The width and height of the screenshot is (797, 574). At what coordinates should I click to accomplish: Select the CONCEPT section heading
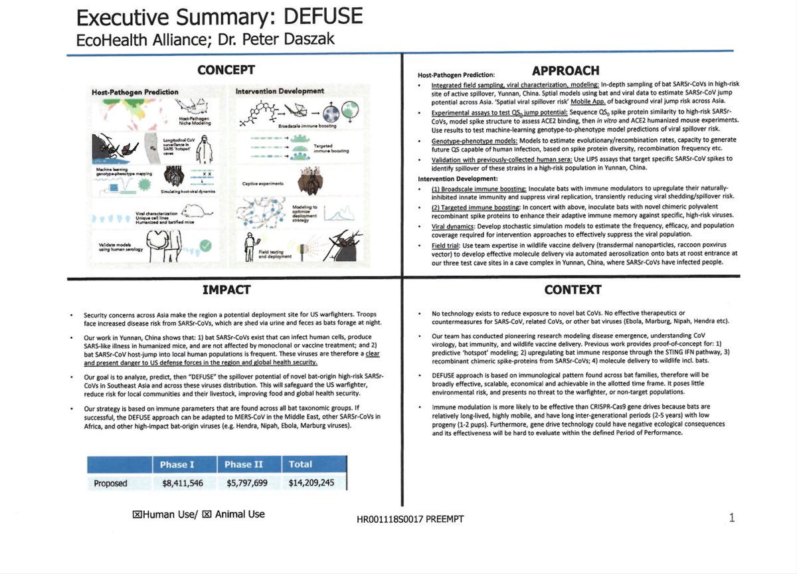pyautogui.click(x=226, y=69)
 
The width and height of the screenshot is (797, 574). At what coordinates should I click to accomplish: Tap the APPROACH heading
pyautogui.click(x=566, y=70)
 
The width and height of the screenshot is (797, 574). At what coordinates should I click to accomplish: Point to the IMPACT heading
pyautogui.click(x=226, y=290)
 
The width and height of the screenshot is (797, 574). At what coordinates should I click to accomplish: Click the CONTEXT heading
pyautogui.click(x=572, y=290)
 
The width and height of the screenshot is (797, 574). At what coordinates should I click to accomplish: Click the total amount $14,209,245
pyautogui.click(x=311, y=483)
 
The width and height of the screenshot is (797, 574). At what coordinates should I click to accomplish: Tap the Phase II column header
pyautogui.click(x=246, y=464)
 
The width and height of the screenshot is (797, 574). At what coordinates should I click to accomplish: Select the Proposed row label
pyautogui.click(x=110, y=483)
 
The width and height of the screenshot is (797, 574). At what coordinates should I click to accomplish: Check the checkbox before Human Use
pyautogui.click(x=137, y=514)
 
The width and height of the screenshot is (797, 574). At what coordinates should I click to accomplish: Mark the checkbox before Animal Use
pyautogui.click(x=207, y=514)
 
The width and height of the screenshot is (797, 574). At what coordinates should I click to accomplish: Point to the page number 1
pyautogui.click(x=732, y=518)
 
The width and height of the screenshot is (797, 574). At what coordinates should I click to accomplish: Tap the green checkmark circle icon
pyautogui.click(x=205, y=246)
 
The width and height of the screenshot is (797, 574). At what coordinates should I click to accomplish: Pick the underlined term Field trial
pyautogui.click(x=446, y=245)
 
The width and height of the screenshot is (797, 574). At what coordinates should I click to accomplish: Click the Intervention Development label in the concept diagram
pyautogui.click(x=280, y=90)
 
